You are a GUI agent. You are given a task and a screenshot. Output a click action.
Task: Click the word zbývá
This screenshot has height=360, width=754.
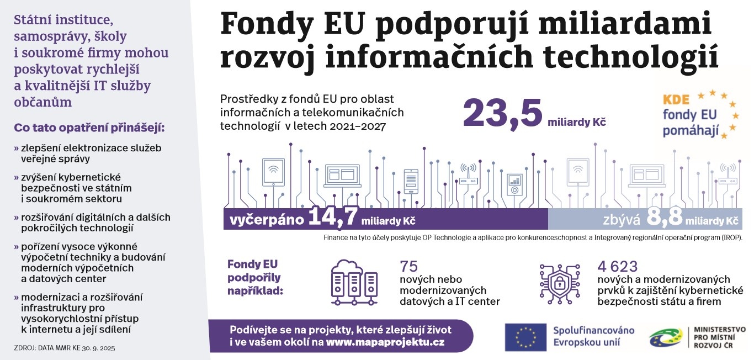click(x=621, y=220)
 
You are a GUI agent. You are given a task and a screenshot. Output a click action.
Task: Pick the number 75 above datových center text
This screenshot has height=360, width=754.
click(x=410, y=266)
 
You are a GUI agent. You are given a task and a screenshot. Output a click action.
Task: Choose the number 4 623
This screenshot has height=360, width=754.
click(x=617, y=266)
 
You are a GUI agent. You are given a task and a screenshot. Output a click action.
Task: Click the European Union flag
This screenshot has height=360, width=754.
click(x=525, y=337)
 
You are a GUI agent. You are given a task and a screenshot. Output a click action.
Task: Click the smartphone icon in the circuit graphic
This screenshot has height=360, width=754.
click(x=411, y=181)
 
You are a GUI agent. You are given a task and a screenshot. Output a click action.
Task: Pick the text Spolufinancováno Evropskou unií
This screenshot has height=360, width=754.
click(x=593, y=336)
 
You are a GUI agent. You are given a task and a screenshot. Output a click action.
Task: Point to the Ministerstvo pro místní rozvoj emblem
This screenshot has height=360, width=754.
click(x=665, y=337)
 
